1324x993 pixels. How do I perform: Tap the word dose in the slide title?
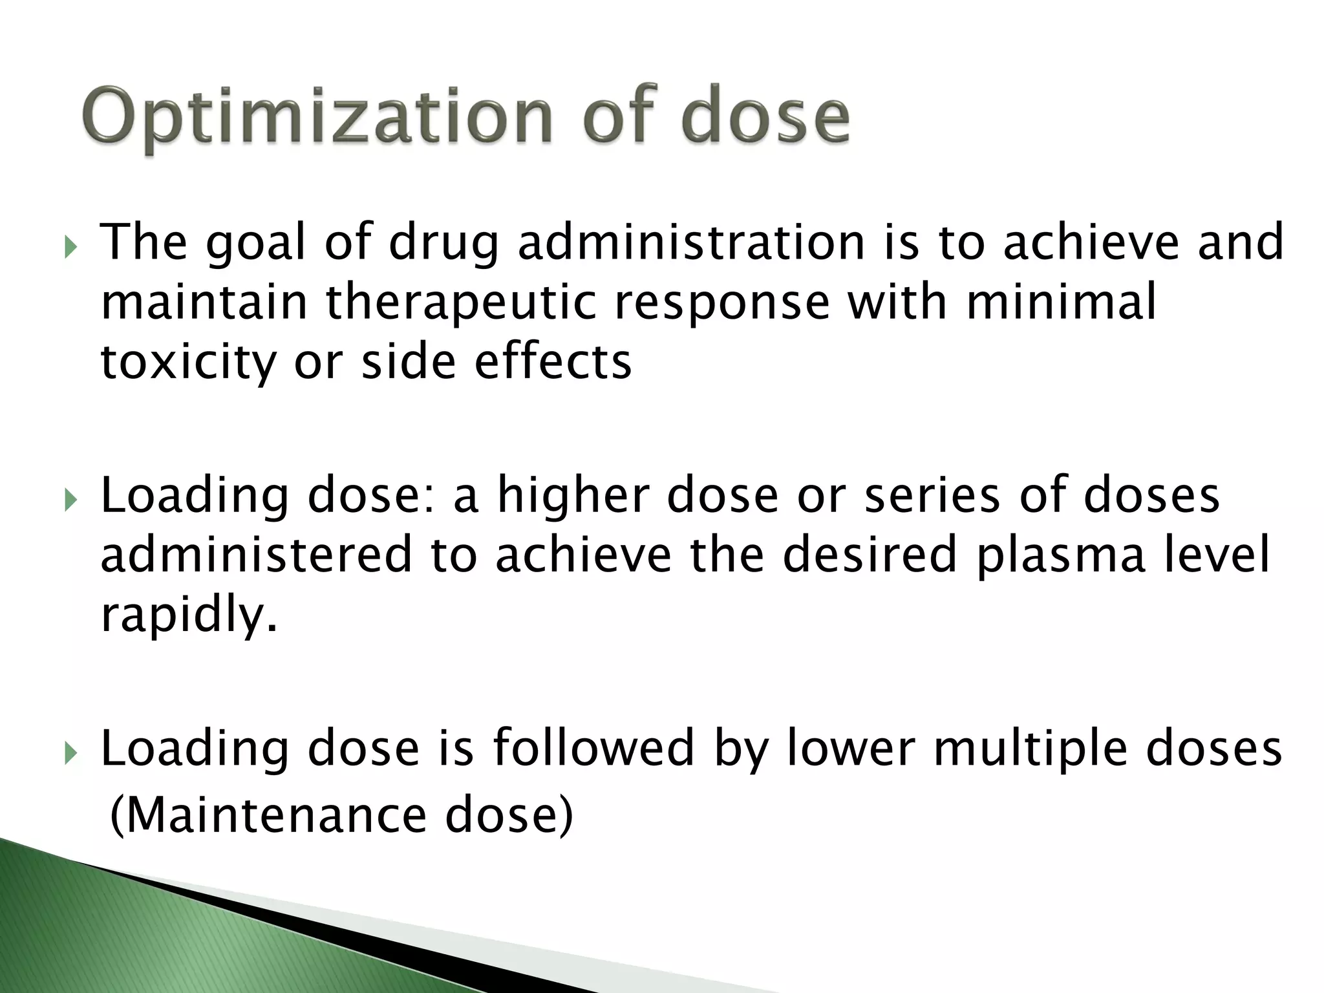click(x=766, y=116)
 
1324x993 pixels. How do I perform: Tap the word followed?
click(x=593, y=748)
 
